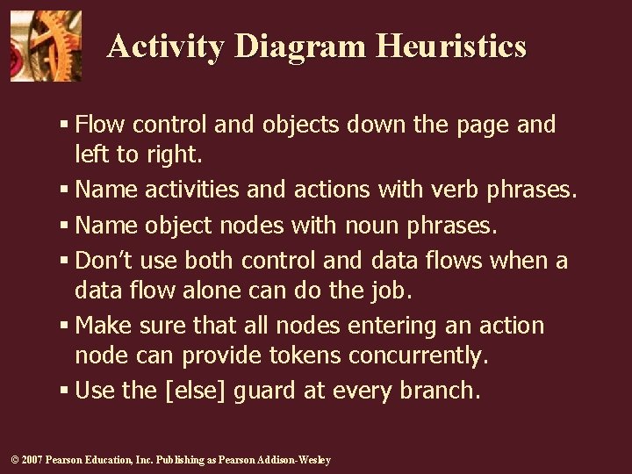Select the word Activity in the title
pos(165,46)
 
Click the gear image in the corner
pos(46,46)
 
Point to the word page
pos(483,126)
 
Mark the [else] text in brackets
pos(199,391)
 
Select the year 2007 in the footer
pos(31,460)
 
